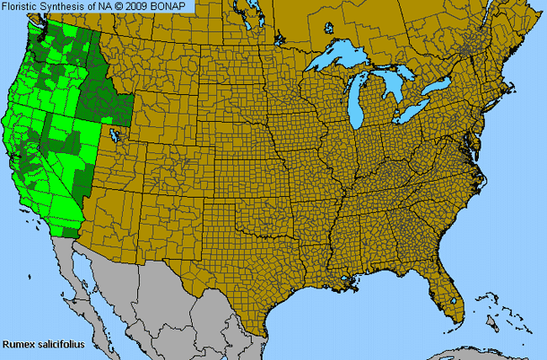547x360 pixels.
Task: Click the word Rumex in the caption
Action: coord(19,344)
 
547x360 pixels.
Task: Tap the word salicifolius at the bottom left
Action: coord(61,344)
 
